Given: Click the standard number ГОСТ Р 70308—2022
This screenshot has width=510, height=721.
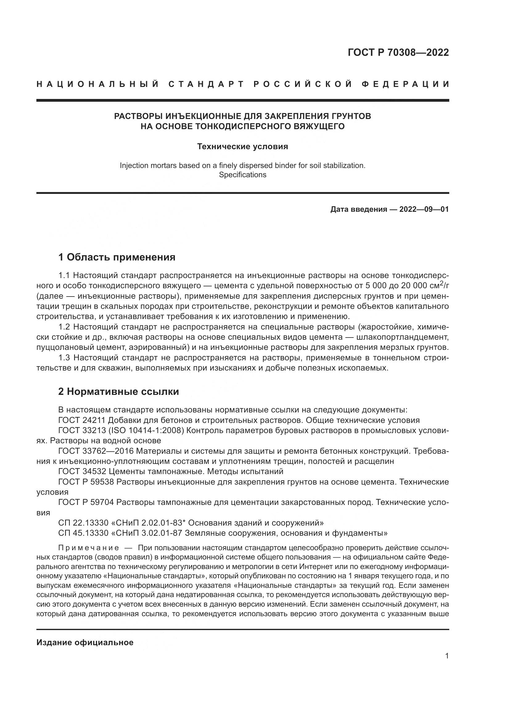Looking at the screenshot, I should click(398, 52).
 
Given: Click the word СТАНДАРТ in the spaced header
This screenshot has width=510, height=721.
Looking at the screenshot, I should click(206, 84).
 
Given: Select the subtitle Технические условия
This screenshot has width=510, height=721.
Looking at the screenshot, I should click(242, 146).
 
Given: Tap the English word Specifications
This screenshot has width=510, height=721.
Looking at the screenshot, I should click(242, 175).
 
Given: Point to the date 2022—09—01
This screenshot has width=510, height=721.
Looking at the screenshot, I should click(424, 209).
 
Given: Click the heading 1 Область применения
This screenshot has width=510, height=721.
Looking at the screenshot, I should click(117, 257).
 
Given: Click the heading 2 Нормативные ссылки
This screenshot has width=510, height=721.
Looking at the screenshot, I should click(119, 391).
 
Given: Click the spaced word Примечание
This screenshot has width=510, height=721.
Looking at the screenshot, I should click(89, 548).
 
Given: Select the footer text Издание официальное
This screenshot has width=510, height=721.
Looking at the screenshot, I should click(85, 642).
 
